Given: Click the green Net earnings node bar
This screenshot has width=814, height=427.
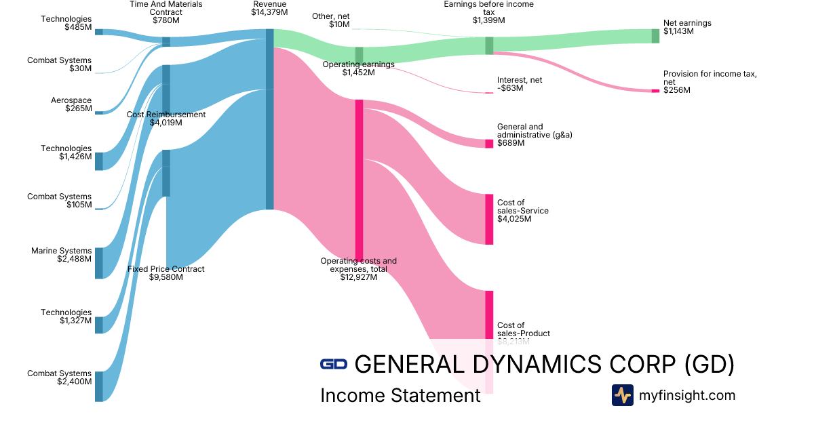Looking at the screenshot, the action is tap(655, 36).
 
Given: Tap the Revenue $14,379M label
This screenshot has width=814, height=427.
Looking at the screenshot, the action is tap(269, 8).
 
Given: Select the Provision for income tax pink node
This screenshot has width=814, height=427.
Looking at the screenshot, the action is tap(655, 91).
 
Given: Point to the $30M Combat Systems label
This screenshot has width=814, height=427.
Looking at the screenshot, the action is tap(60, 64).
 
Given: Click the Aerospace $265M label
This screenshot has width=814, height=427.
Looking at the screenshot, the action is tap(71, 104).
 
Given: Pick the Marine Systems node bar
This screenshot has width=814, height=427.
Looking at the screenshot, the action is tap(99, 263).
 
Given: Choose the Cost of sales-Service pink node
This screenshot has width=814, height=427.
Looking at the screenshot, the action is tap(489, 219).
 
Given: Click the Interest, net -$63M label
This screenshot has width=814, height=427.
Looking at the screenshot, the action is tap(520, 84).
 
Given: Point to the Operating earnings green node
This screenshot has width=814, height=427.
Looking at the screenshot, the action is tap(359, 55).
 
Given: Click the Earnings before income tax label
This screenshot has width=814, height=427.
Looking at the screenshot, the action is tap(488, 12).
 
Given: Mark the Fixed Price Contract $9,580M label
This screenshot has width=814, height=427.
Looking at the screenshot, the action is tap(166, 273).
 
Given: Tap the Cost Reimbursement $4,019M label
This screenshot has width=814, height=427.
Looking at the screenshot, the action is tap(166, 119).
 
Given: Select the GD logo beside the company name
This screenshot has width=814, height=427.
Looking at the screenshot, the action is tap(334, 364).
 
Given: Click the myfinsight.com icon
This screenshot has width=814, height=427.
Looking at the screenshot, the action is tap(622, 395).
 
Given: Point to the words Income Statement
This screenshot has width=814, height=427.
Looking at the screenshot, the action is tap(400, 395).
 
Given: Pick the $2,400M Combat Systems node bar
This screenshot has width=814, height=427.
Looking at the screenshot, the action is tap(99, 386).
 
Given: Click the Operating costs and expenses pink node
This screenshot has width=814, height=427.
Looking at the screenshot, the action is tap(359, 180).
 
